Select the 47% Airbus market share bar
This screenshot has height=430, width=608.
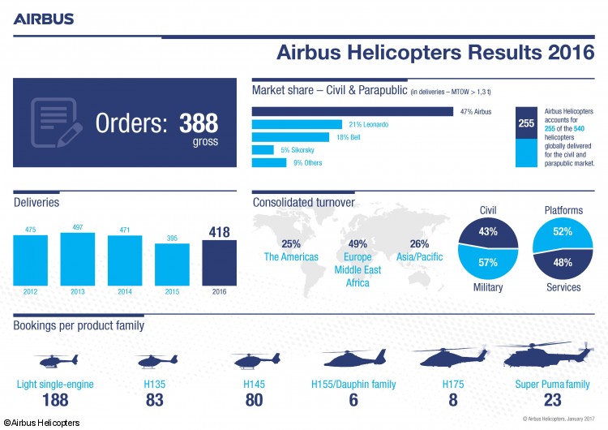[353, 111]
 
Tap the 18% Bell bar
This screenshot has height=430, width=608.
[290, 137]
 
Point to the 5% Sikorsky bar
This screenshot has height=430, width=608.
[263, 150]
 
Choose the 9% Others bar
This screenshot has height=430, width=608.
[269, 163]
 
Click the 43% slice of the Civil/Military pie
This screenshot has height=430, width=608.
[488, 234]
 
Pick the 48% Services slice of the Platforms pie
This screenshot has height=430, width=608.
[563, 262]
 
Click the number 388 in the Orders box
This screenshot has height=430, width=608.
[199, 123]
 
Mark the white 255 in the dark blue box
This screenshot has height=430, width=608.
[525, 123]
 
